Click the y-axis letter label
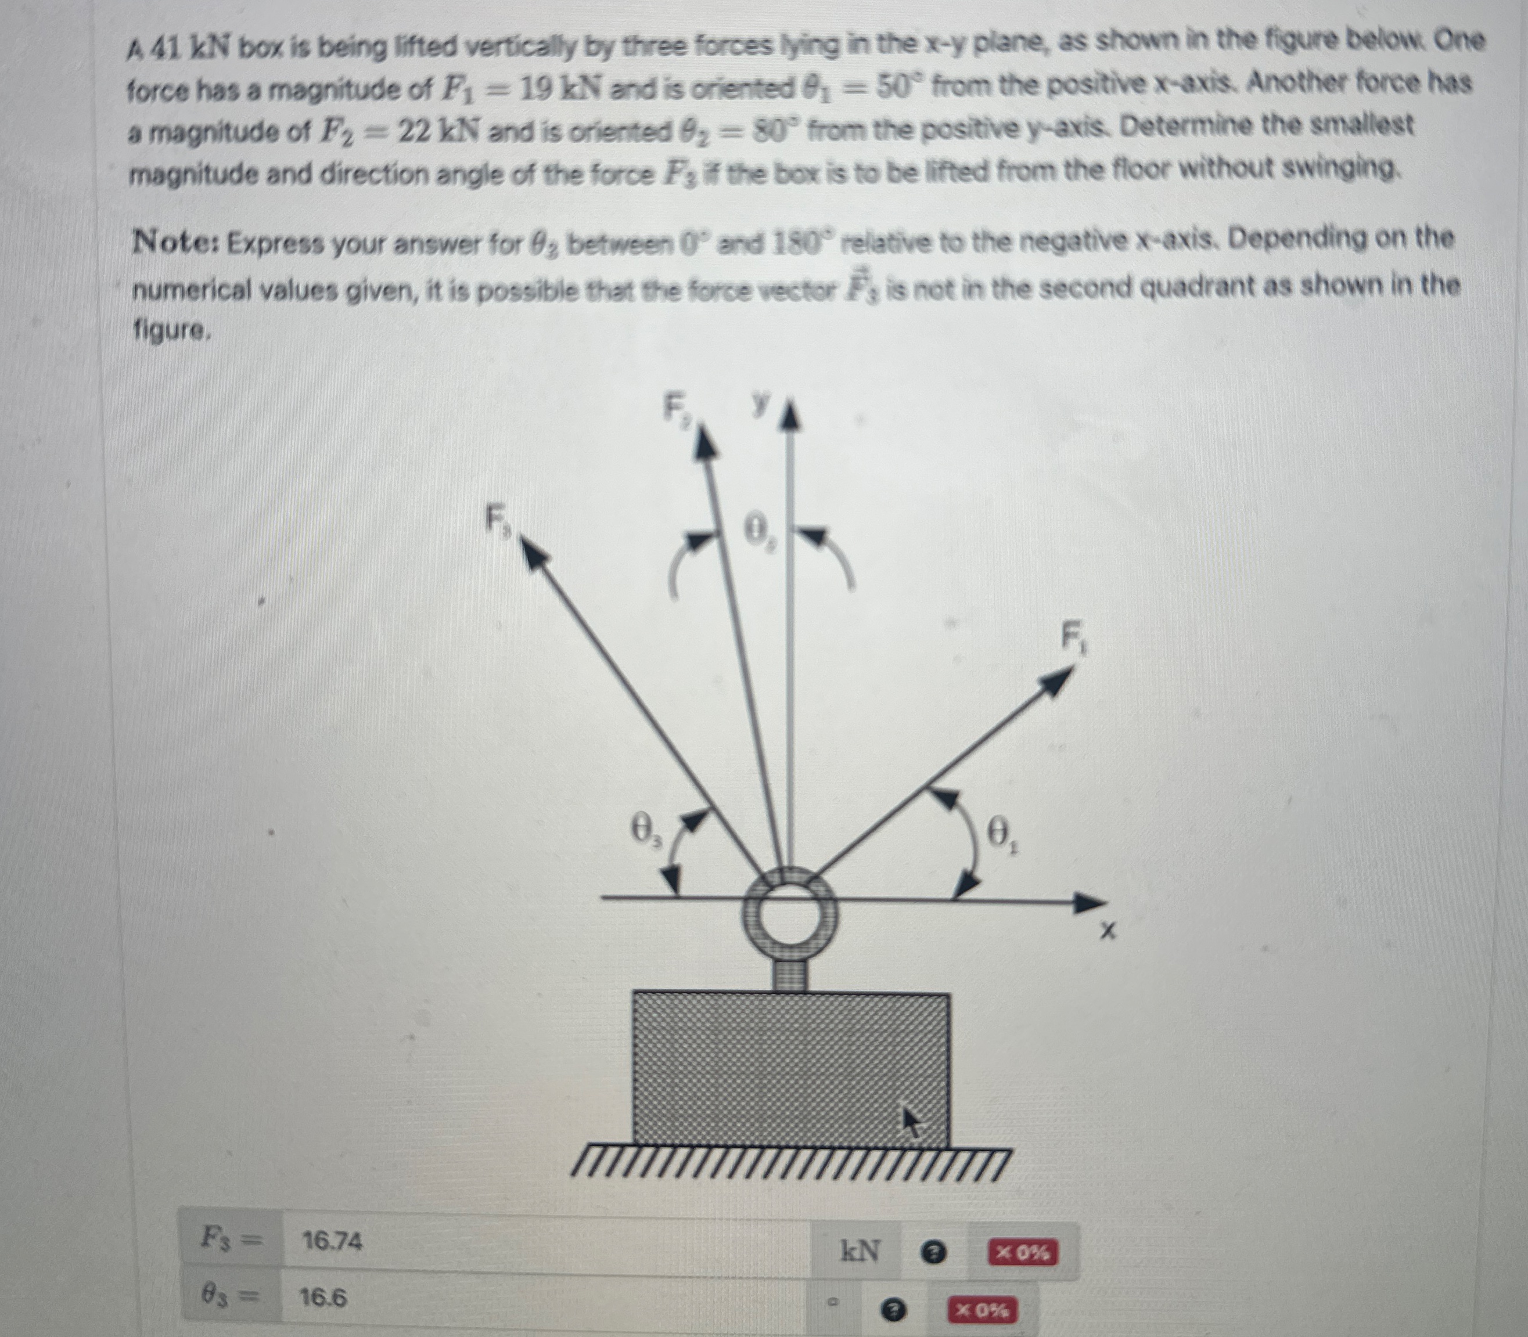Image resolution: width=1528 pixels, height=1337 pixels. tap(760, 405)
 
